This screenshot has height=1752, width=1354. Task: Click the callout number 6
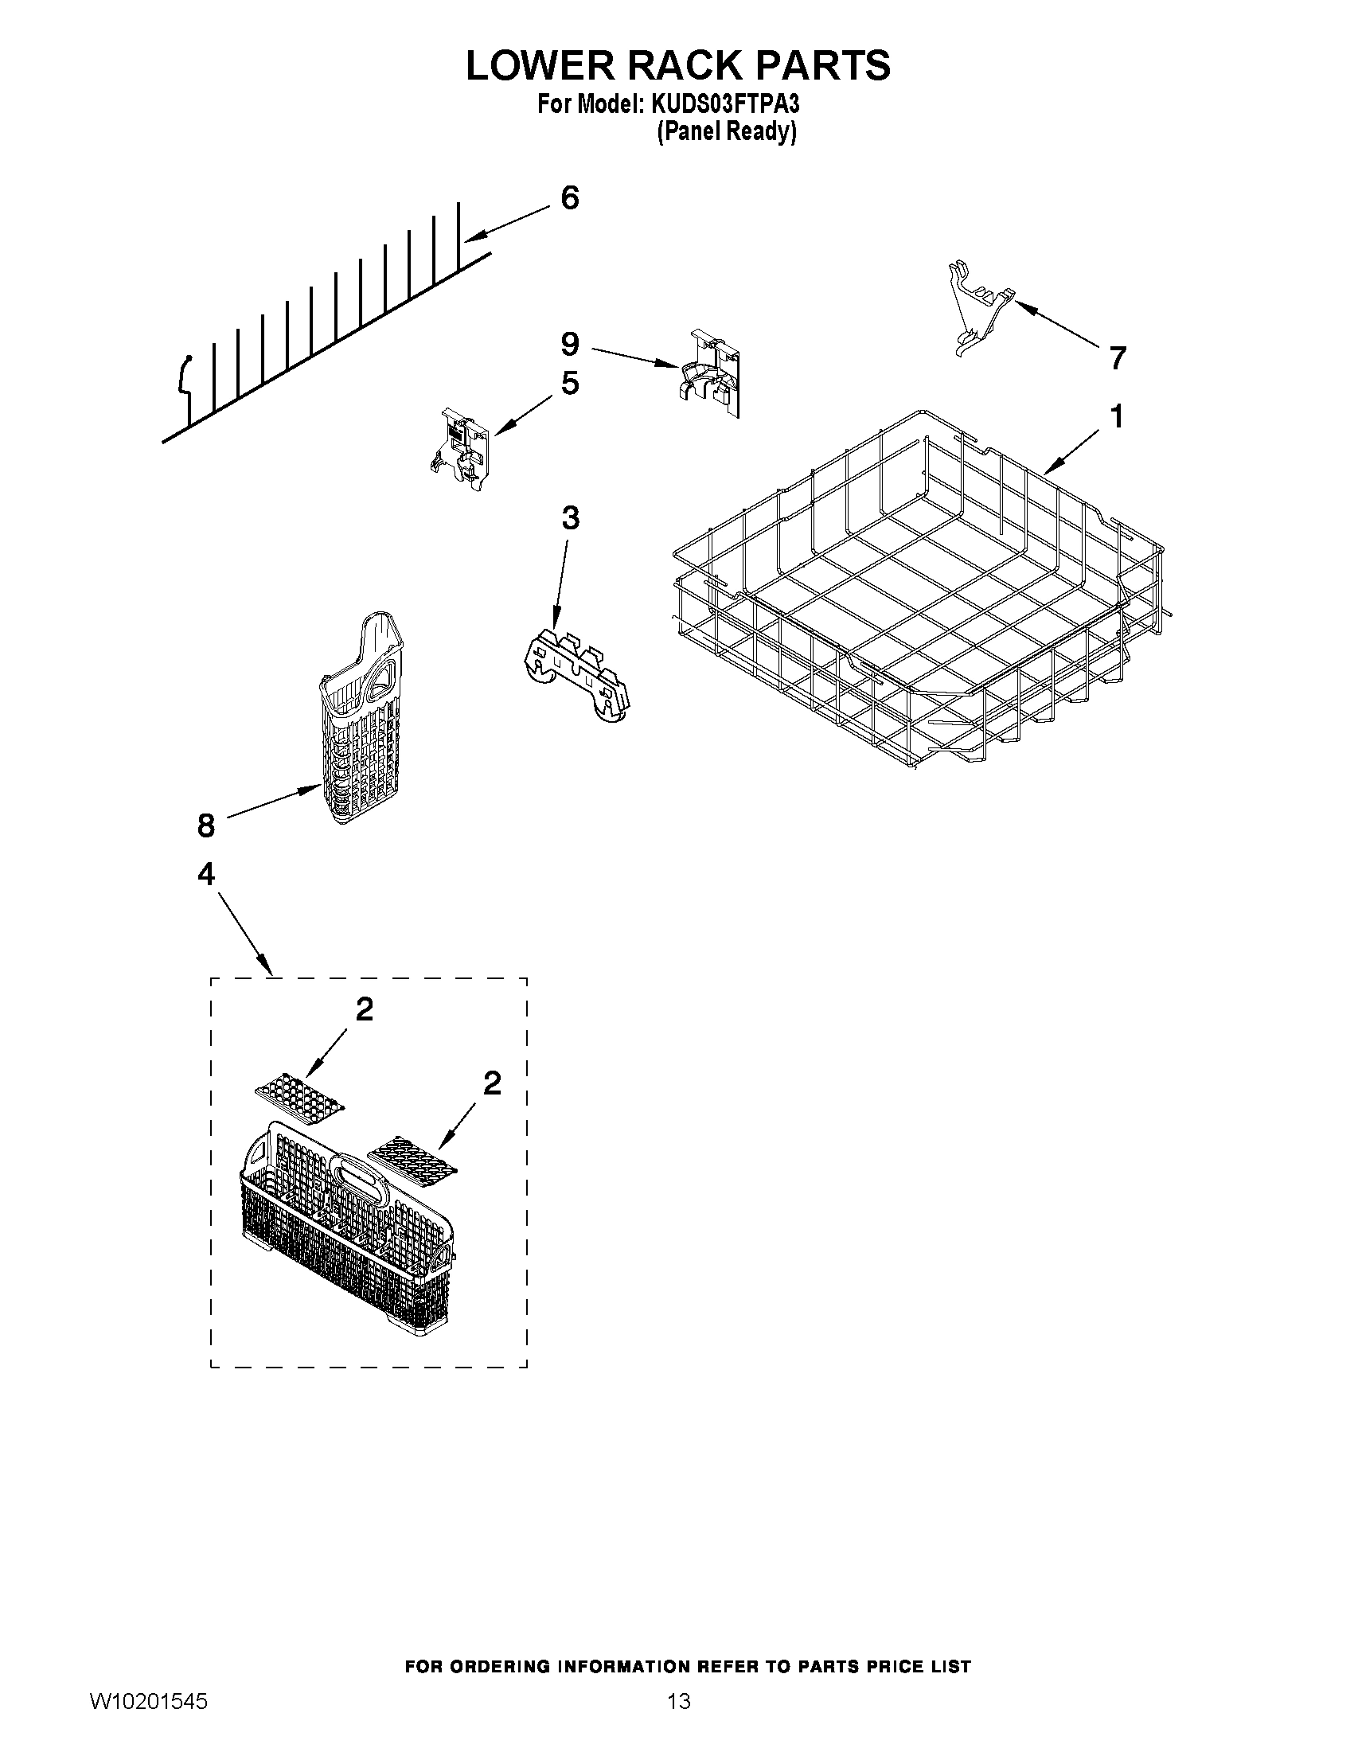click(569, 197)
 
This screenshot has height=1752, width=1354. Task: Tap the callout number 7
click(1118, 357)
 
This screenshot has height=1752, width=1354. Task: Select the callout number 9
click(569, 344)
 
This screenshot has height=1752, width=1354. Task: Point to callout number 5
click(569, 383)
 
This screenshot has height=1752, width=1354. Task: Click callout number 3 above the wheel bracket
click(569, 518)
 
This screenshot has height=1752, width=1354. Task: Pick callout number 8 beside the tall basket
click(206, 825)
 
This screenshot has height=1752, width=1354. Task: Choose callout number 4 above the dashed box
click(206, 873)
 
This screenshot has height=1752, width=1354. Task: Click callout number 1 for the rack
click(1116, 417)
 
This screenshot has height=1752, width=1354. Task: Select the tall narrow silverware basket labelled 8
click(361, 722)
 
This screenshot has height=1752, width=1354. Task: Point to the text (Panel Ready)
click(726, 132)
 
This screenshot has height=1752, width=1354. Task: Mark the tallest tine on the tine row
click(458, 232)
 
